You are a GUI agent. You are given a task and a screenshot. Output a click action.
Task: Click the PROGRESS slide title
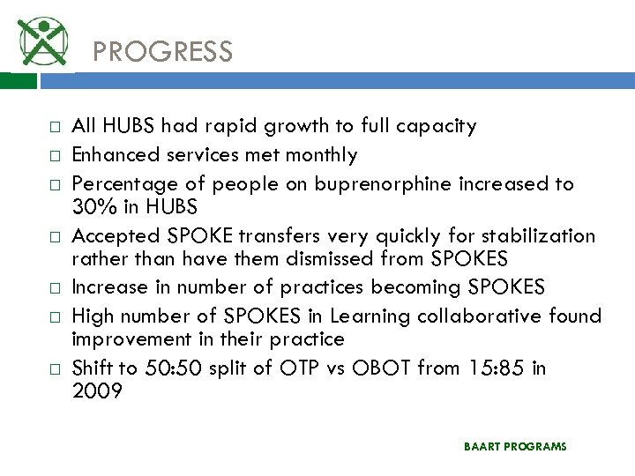pos(162,52)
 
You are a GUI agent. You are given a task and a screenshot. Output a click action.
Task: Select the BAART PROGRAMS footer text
pos(515,447)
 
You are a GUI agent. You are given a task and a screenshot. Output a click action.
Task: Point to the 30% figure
pos(91,207)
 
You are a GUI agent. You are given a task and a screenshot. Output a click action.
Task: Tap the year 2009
pos(97,390)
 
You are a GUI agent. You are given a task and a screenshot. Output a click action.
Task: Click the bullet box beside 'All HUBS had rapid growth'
pos(30,127)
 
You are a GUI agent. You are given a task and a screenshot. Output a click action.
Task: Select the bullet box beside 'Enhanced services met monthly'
pos(30,156)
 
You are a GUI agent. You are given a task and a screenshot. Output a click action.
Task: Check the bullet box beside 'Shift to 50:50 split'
pos(30,368)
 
